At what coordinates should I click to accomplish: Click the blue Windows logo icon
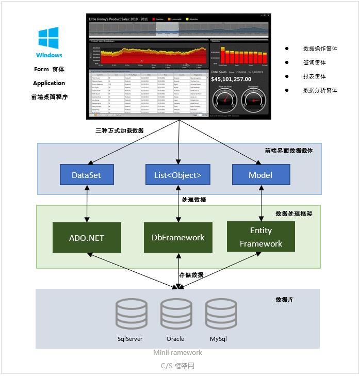(x=48, y=38)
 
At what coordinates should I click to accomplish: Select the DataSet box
(x=86, y=175)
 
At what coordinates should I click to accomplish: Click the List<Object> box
(x=178, y=175)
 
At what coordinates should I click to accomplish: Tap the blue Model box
(x=260, y=175)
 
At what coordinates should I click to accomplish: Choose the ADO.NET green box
(x=87, y=238)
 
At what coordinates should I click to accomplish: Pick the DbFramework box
(x=178, y=238)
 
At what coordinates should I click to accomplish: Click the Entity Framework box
(x=261, y=237)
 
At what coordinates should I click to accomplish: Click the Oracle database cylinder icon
(x=176, y=314)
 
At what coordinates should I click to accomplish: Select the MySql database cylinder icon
(x=221, y=314)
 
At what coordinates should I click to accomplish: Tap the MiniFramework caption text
(x=178, y=353)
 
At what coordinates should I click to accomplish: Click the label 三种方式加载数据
(x=120, y=131)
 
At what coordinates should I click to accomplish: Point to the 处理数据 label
(x=194, y=200)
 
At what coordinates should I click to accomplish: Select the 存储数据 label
(x=191, y=275)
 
